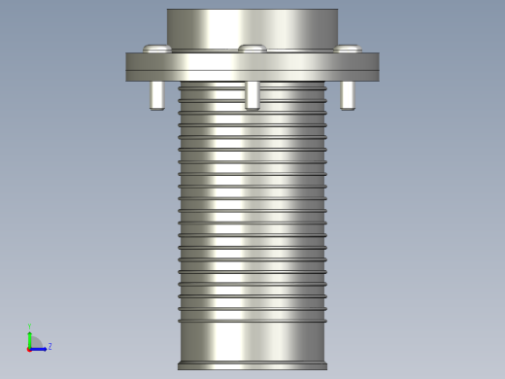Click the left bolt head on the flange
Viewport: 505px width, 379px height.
[x=156, y=49]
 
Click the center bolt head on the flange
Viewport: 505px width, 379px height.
[x=252, y=49]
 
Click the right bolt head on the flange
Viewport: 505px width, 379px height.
[x=347, y=49]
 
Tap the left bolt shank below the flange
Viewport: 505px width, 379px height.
[x=156, y=95]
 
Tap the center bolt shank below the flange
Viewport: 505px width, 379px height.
[x=252, y=95]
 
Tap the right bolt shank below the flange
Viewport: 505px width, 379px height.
[x=347, y=95]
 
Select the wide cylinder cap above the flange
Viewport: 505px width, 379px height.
[x=252, y=27]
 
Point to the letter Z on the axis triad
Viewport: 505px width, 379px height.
[x=50, y=346]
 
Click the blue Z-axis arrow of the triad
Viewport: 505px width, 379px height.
[x=40, y=348]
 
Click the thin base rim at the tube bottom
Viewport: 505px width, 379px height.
[x=252, y=366]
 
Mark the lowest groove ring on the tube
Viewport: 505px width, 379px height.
[x=252, y=321]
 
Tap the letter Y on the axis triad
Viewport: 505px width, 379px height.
[x=30, y=327]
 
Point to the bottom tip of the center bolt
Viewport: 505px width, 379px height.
[x=252, y=108]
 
